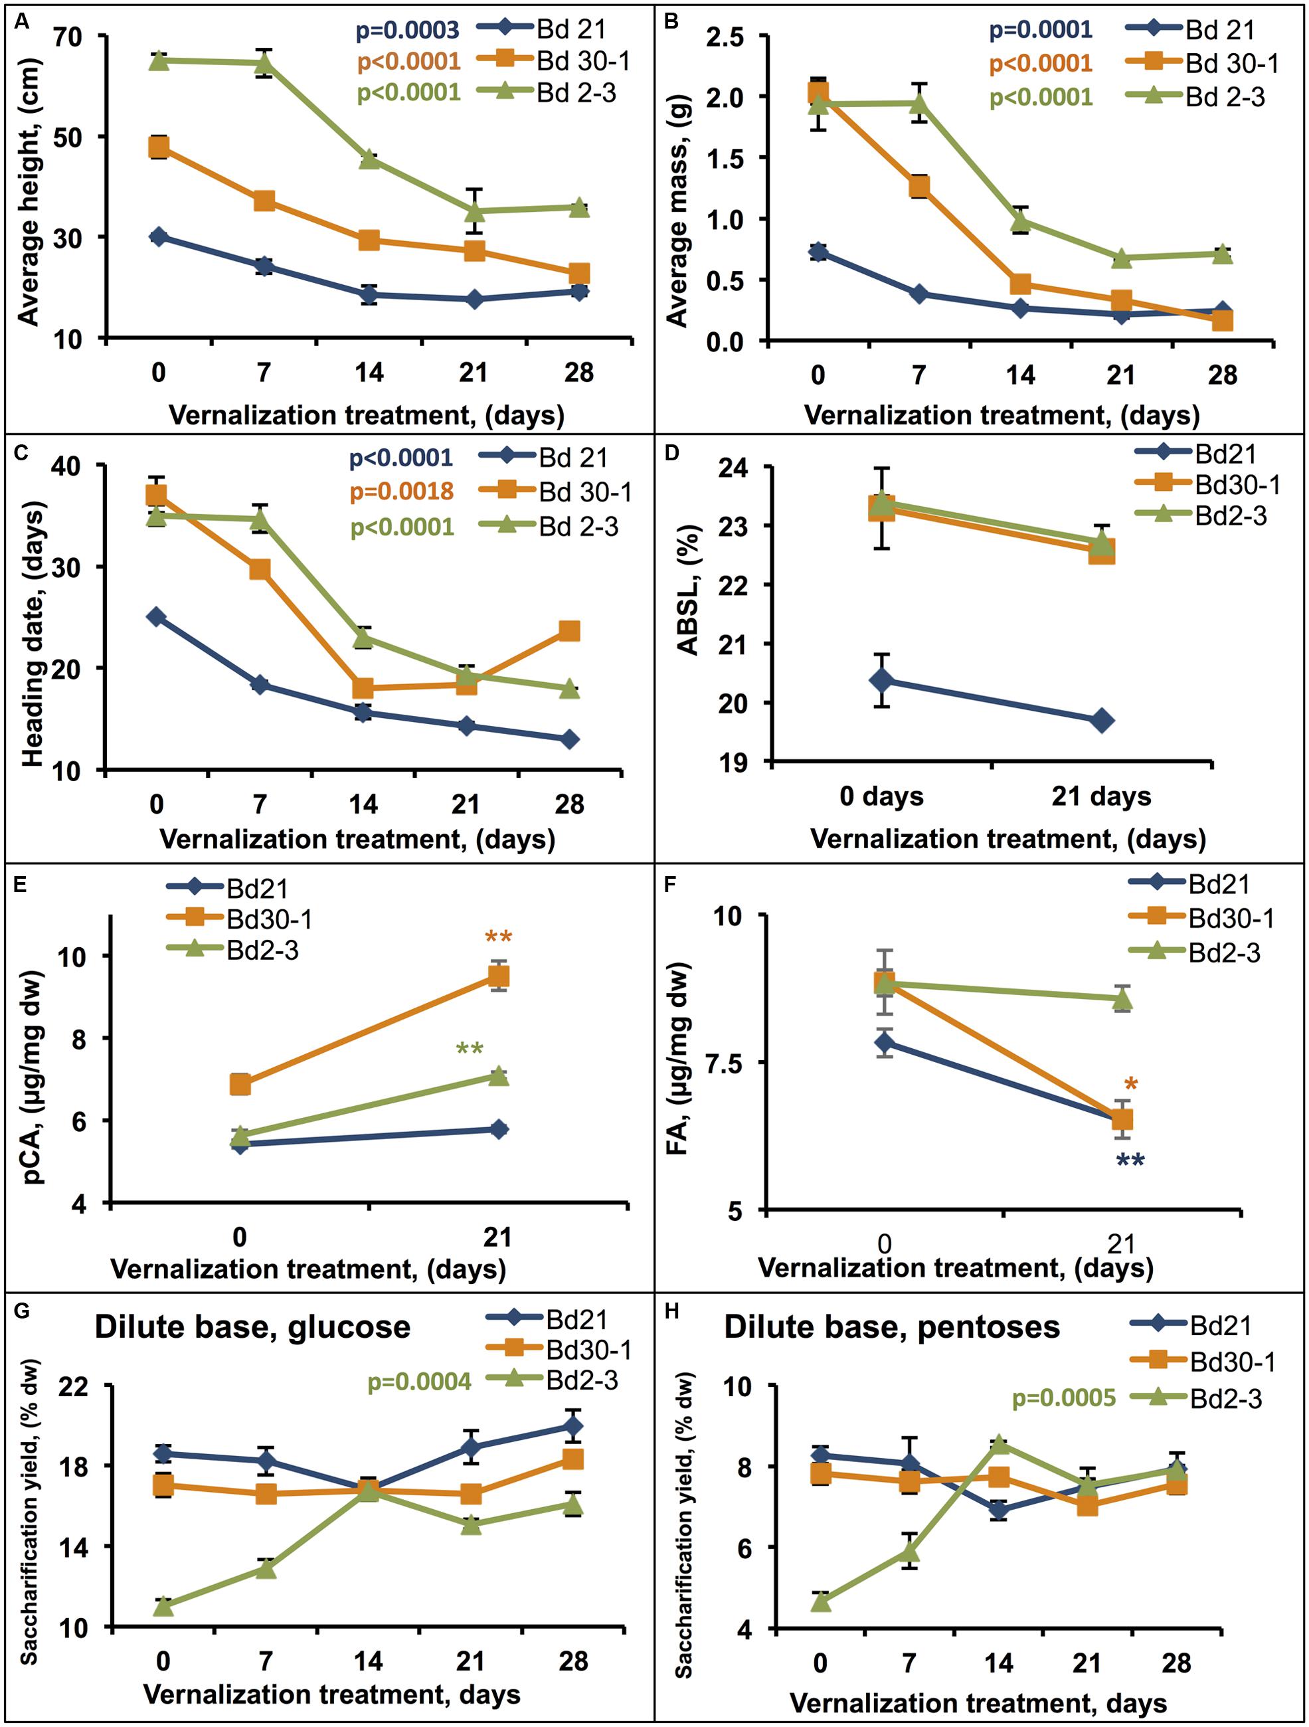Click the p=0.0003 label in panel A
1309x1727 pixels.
(408, 31)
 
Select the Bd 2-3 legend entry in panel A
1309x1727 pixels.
(576, 93)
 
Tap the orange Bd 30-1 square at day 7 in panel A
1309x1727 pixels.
(264, 201)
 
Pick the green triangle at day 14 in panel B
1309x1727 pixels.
(1020, 221)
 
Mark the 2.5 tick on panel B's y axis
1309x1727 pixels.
(725, 37)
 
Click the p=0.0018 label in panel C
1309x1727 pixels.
(401, 491)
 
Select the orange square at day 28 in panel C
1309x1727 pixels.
(569, 630)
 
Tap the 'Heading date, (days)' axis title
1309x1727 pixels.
(34, 633)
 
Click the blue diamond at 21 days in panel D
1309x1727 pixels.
(1101, 721)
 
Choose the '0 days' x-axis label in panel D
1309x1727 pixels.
(881, 796)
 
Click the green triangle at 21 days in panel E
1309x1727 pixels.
(498, 1077)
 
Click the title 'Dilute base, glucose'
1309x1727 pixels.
(252, 1327)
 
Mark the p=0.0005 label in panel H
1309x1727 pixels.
(1064, 1398)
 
